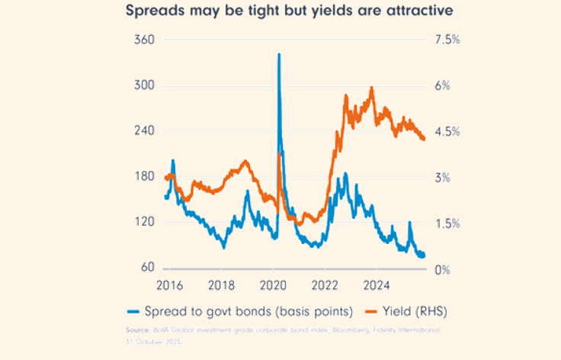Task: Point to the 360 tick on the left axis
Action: point(145,40)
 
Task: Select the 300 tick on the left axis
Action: point(145,85)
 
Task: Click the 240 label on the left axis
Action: point(145,131)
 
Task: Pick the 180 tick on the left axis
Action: point(145,177)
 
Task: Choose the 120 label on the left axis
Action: point(145,223)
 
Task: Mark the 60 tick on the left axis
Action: point(148,268)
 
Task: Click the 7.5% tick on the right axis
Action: point(446,40)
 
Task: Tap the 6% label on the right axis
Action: point(442,85)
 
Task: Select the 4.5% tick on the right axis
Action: point(446,131)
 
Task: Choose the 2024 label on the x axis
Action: point(377,285)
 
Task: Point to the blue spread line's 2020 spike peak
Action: point(278,54)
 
